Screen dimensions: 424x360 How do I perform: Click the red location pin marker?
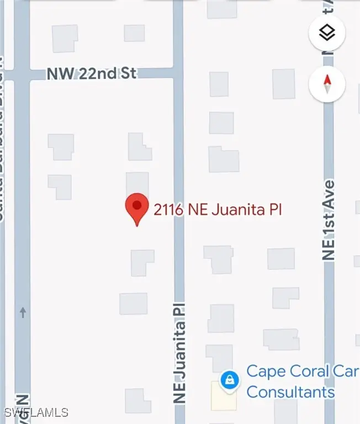(136, 208)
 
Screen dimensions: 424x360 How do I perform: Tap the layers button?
(327, 34)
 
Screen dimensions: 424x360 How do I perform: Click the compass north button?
(327, 84)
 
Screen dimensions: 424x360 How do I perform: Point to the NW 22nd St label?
(92, 73)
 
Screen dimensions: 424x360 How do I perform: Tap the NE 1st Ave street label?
(329, 219)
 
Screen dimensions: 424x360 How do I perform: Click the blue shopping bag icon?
(227, 380)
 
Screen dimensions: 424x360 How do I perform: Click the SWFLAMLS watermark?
(36, 412)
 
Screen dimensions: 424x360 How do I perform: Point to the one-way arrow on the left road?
(23, 313)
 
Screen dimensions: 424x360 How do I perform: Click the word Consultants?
(290, 393)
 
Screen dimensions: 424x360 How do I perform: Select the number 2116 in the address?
(168, 210)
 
